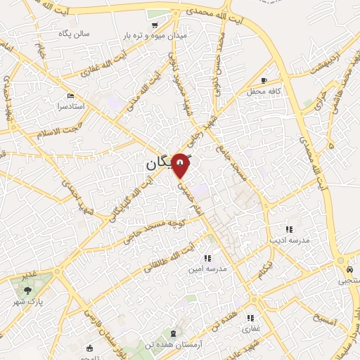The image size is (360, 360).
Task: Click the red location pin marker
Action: (181, 165)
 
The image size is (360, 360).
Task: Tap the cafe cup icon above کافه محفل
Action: (264, 80)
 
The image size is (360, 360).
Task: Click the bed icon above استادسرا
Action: (69, 96)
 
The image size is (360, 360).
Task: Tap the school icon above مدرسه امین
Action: (207, 258)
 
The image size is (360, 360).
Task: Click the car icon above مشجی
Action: (349, 269)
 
